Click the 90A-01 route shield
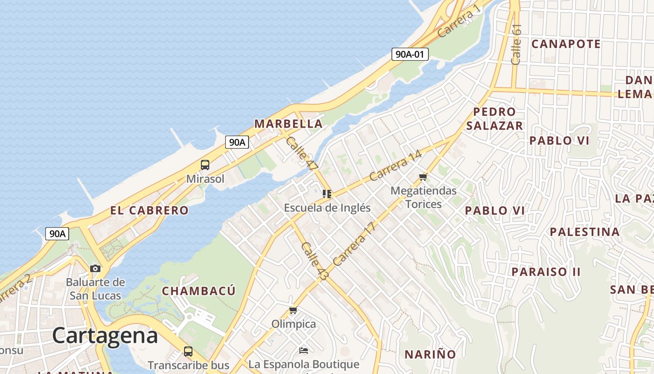coord(410,54)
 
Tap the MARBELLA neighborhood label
coord(288,124)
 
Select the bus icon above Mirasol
coord(205,165)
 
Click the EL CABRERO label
coord(149,210)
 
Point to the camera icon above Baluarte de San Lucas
coord(95,268)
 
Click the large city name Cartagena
coord(105,336)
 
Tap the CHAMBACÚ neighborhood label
coord(199,291)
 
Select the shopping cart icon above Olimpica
coord(293,310)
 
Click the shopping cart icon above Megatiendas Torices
coord(423,177)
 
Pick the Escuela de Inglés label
coord(327,208)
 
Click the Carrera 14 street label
coord(395,165)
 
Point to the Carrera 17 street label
coord(355,244)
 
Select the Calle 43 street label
coord(314,261)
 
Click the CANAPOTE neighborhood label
coord(566,44)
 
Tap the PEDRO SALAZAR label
coord(494,119)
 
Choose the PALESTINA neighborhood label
coord(584,232)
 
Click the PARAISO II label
coord(546,272)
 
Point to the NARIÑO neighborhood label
coord(430,354)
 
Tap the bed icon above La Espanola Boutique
coord(304,350)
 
